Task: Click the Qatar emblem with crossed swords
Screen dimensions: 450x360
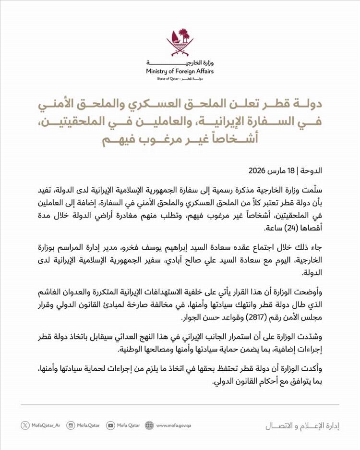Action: pos(180,43)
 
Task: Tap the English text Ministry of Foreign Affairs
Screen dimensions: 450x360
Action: pos(180,71)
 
